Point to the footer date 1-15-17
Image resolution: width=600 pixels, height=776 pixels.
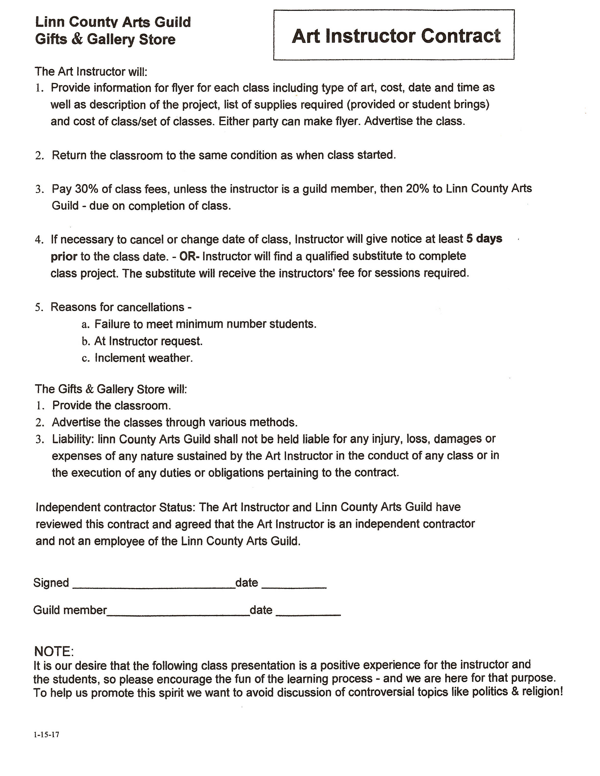click(x=47, y=734)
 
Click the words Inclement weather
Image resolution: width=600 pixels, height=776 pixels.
click(x=144, y=358)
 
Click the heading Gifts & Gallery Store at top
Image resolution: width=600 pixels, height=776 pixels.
click(x=105, y=39)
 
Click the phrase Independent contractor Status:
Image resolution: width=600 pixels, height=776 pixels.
click(x=115, y=507)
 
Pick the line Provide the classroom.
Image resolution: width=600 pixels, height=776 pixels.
click(x=112, y=405)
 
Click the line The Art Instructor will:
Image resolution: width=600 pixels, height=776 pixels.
click(x=91, y=72)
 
